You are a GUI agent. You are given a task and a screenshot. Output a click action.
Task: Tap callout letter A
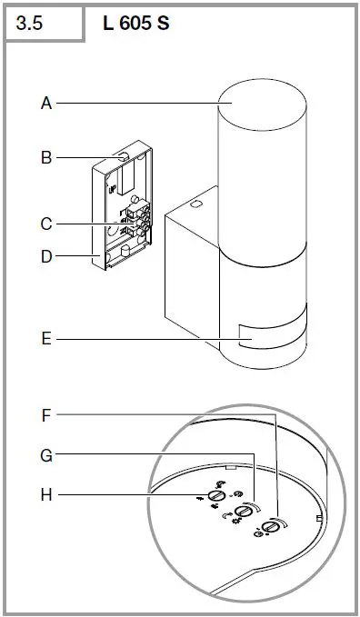pos(46,104)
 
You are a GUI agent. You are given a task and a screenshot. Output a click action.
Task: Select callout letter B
pos(46,157)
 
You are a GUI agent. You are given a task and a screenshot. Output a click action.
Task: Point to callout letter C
pos(46,224)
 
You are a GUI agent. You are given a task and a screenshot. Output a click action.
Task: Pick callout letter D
pos(46,256)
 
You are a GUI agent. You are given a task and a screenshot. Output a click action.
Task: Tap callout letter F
pos(46,416)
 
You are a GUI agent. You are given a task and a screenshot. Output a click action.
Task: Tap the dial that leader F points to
pos(271,529)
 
